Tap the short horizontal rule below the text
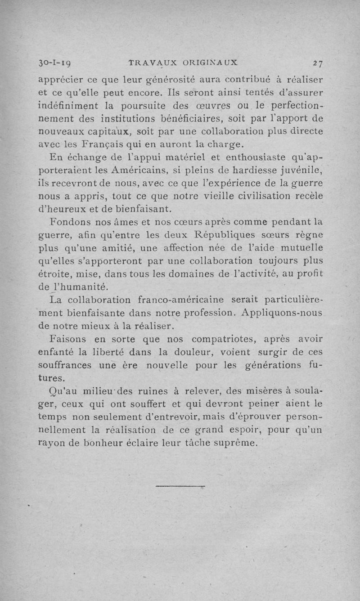click(x=180, y=486)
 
